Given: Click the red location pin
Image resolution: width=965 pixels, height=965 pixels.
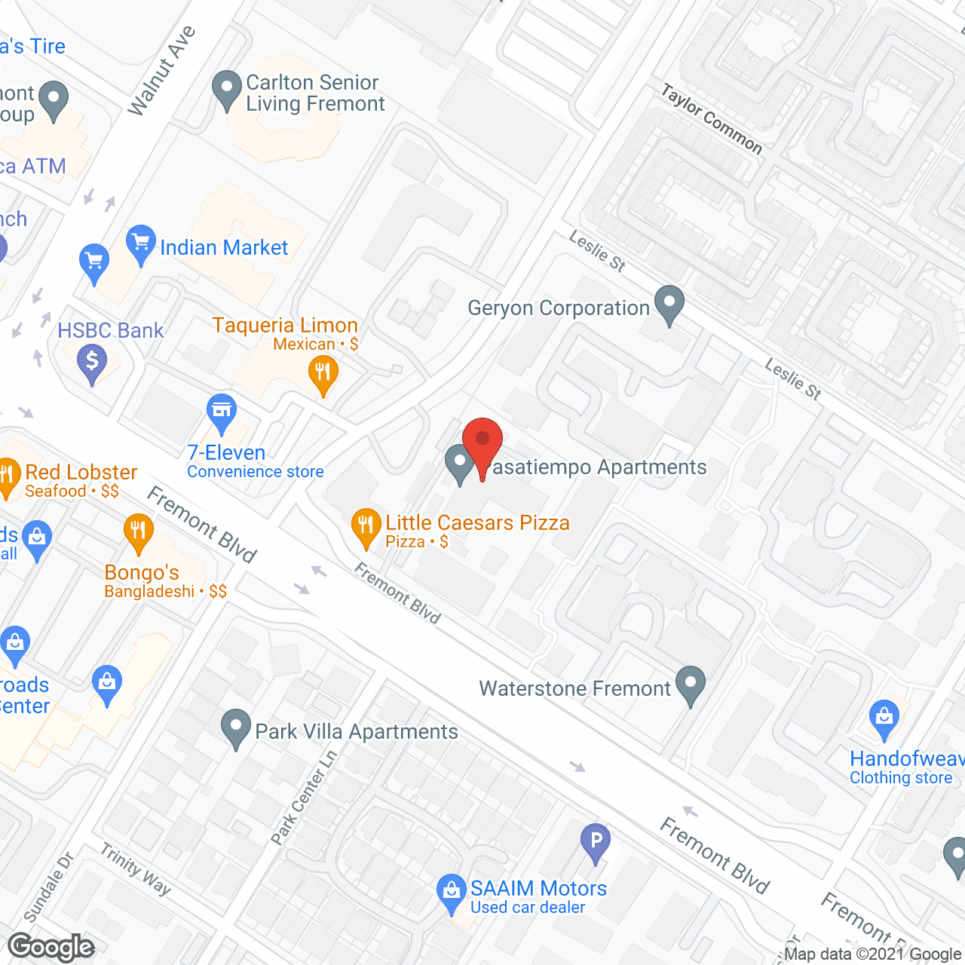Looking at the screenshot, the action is pyautogui.click(x=482, y=445).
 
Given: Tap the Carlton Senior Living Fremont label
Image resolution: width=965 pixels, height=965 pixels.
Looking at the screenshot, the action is pyautogui.click(x=315, y=93).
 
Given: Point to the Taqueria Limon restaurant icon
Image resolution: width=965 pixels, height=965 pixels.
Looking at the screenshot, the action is pyautogui.click(x=323, y=373).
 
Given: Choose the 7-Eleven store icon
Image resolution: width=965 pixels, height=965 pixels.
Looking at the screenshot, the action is pyautogui.click(x=222, y=411).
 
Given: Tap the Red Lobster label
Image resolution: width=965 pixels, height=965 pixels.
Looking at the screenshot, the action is pyautogui.click(x=81, y=473).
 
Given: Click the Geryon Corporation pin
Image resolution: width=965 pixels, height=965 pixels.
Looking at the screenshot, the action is pyautogui.click(x=669, y=303).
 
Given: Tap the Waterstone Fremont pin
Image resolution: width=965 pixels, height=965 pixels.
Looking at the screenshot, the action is pyautogui.click(x=690, y=684).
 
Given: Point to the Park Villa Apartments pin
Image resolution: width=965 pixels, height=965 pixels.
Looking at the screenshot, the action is pyautogui.click(x=236, y=728).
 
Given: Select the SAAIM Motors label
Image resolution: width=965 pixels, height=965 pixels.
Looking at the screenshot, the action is pyautogui.click(x=538, y=889).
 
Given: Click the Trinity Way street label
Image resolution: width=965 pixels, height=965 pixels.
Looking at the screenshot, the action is pyautogui.click(x=136, y=869).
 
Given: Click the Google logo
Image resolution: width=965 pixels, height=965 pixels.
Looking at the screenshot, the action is pyautogui.click(x=51, y=947).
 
